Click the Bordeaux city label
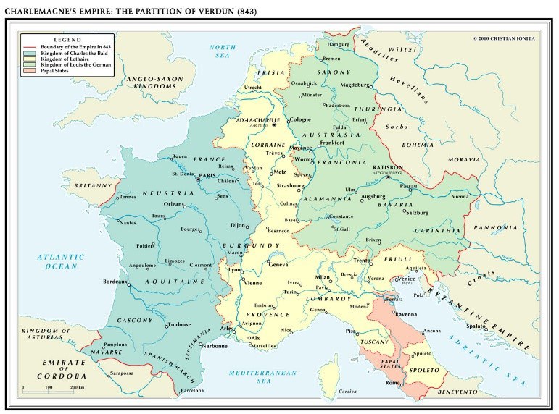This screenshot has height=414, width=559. tap(117, 281)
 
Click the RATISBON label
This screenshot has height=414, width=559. tap(392, 166)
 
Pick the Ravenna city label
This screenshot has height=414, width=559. tap(406, 314)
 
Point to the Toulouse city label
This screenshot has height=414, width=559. tap(180, 325)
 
